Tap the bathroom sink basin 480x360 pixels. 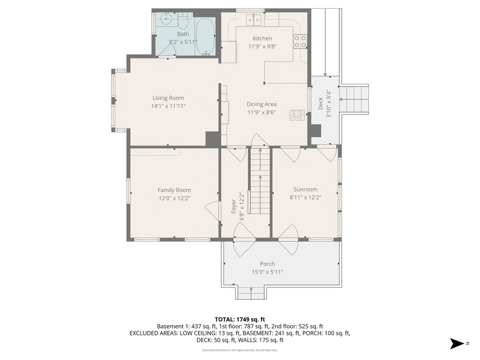point(165,19)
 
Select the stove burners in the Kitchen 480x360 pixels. point(300,42)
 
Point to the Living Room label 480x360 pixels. point(168,98)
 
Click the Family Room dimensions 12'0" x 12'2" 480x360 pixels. point(174,198)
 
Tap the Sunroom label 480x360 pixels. point(305,189)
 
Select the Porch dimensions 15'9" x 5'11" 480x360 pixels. point(267,272)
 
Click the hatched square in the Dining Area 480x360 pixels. point(297,115)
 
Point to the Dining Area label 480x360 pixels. point(262,104)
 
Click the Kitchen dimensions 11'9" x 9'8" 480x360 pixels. point(262,46)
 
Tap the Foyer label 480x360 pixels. point(234,207)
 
